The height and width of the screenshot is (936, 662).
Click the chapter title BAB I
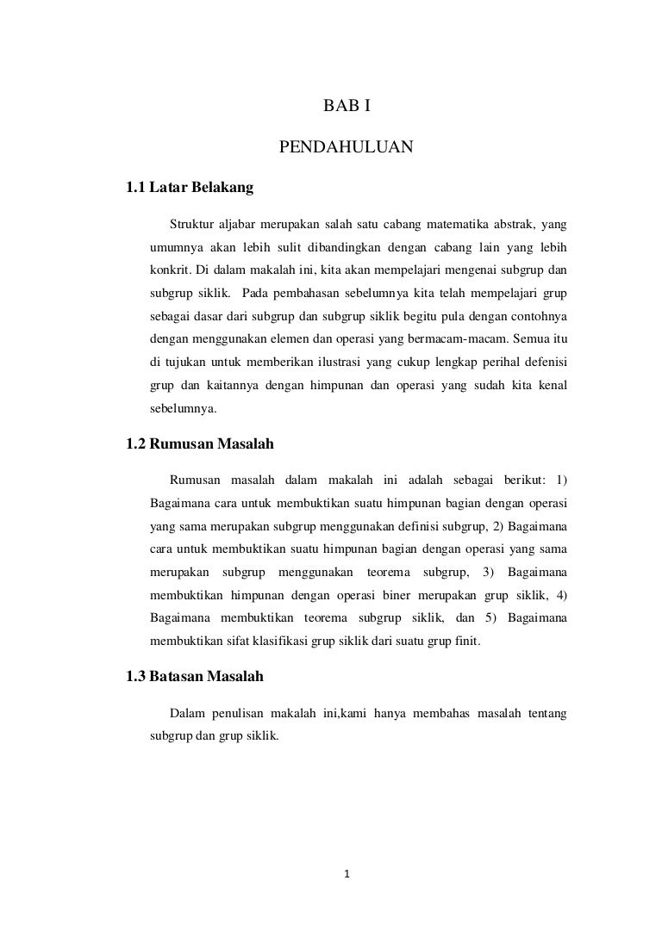[x=347, y=107]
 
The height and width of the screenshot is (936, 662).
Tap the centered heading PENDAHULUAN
[x=347, y=149]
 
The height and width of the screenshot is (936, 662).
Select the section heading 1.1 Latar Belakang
[x=189, y=187]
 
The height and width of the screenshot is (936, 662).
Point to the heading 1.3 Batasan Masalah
[x=195, y=677]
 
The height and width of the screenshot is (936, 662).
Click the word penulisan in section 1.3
[x=234, y=714]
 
